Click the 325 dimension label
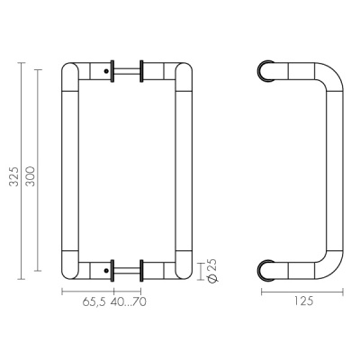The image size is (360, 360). [x=13, y=176]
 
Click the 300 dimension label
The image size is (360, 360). [x=31, y=176]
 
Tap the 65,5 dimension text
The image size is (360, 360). [x=94, y=301]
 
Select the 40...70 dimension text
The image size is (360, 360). [x=129, y=301]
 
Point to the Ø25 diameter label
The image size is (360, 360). [x=212, y=270]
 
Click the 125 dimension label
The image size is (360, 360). [x=302, y=301]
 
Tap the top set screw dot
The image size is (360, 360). [x=106, y=71]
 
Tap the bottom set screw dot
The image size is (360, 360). [x=106, y=270]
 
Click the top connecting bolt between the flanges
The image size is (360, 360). [x=127, y=71]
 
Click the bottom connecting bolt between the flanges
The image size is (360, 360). [x=127, y=270]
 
